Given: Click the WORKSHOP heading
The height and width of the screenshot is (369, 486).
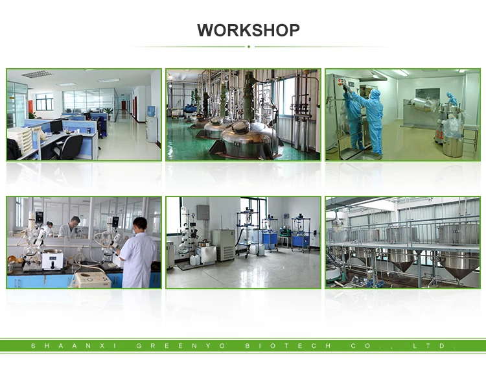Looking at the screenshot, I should (248, 30).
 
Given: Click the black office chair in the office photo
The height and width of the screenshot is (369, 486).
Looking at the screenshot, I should (68, 146).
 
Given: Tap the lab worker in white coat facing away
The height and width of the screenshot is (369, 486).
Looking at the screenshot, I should (138, 253).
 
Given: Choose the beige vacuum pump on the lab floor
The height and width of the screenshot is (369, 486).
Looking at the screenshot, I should (90, 280).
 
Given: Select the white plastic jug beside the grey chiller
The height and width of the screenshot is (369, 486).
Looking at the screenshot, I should (209, 255).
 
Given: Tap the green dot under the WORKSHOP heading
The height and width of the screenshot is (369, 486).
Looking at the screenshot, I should (248, 47).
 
